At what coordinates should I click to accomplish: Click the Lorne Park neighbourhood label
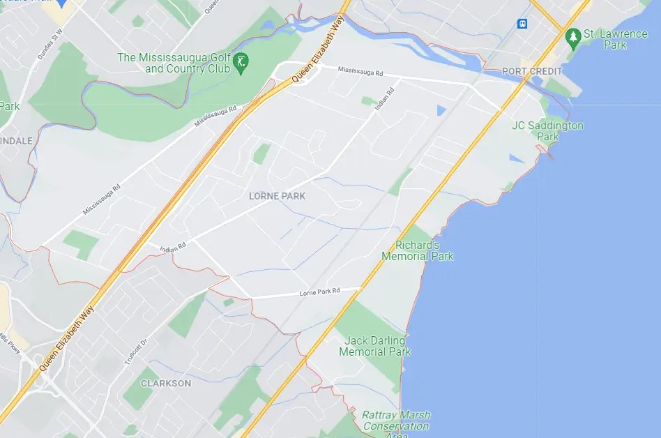(277, 197)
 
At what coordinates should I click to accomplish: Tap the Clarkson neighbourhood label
(165, 384)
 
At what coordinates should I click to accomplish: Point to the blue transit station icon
(522, 24)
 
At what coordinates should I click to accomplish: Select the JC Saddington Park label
(547, 131)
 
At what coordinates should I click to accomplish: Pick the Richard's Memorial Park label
(417, 251)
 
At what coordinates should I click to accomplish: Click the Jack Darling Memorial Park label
(374, 346)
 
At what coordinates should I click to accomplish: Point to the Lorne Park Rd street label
(319, 292)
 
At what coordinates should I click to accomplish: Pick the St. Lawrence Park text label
(605, 39)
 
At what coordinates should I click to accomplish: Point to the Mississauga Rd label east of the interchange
(360, 71)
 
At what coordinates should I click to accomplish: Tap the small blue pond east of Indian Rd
(441, 110)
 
